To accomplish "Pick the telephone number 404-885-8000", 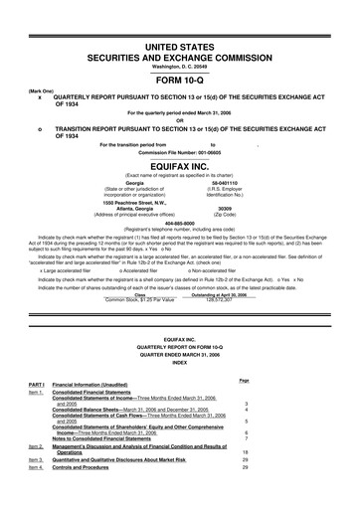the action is (x=180, y=225).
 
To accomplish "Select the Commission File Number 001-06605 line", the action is (x=180, y=151).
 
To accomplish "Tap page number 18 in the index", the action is (x=328, y=480).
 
